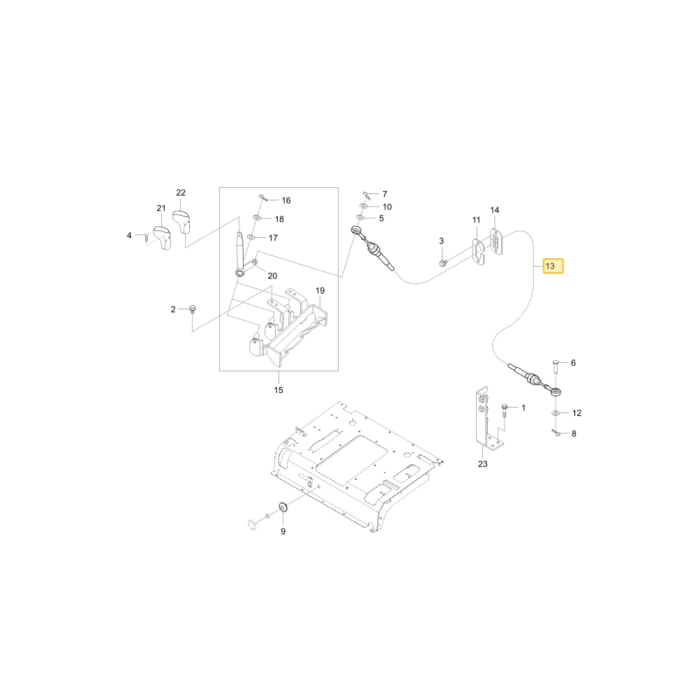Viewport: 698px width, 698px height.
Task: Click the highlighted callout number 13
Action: point(553,266)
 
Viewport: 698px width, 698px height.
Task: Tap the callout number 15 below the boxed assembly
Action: point(279,390)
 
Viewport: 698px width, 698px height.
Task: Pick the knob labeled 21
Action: point(163,238)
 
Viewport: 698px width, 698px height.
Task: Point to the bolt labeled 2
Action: point(193,309)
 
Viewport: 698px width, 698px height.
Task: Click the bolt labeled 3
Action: point(443,262)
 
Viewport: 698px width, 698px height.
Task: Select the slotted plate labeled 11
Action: point(478,253)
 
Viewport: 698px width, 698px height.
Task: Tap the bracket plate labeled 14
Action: point(496,242)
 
